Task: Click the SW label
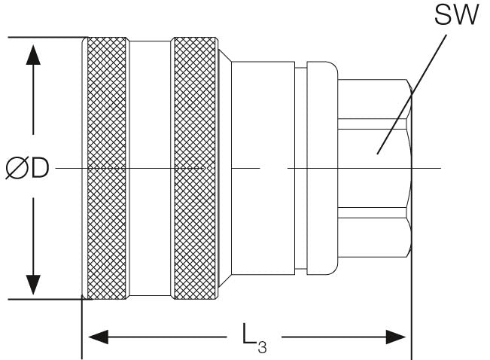[457, 14]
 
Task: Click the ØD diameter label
[28, 168]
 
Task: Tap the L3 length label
[254, 338]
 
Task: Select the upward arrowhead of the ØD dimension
[33, 55]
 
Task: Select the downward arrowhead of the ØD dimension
[33, 285]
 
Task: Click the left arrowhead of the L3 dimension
[98, 337]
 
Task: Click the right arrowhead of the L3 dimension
[396, 337]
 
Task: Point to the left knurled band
[107, 168]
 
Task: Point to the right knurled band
[194, 168]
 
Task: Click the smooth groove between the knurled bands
[150, 168]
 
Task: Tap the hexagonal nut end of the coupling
[375, 168]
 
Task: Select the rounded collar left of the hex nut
[322, 168]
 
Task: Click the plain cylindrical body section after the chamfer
[263, 168]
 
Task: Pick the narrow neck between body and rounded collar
[300, 168]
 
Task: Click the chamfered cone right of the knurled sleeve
[225, 168]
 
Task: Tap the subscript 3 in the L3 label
[262, 347]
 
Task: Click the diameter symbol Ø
[17, 168]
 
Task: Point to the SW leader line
[412, 94]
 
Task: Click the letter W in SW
[466, 15]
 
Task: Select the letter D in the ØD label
[40, 168]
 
